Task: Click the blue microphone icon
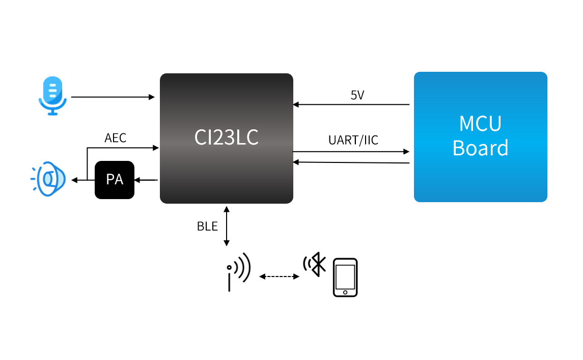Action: tap(52, 96)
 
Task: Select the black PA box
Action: tap(115, 180)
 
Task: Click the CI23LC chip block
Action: tap(227, 138)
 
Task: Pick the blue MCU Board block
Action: tap(480, 137)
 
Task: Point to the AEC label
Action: tap(115, 138)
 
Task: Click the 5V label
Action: tap(357, 95)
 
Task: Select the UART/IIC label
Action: tap(353, 141)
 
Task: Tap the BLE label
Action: tap(207, 227)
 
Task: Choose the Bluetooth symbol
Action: tap(316, 265)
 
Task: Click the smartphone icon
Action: tap(345, 278)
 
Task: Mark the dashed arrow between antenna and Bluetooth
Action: tap(279, 276)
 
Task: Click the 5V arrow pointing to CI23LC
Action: tap(351, 104)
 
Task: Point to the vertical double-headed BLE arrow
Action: tap(227, 226)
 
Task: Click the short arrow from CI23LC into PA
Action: tap(146, 180)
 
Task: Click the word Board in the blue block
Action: tap(480, 148)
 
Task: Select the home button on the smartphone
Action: tap(345, 292)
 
